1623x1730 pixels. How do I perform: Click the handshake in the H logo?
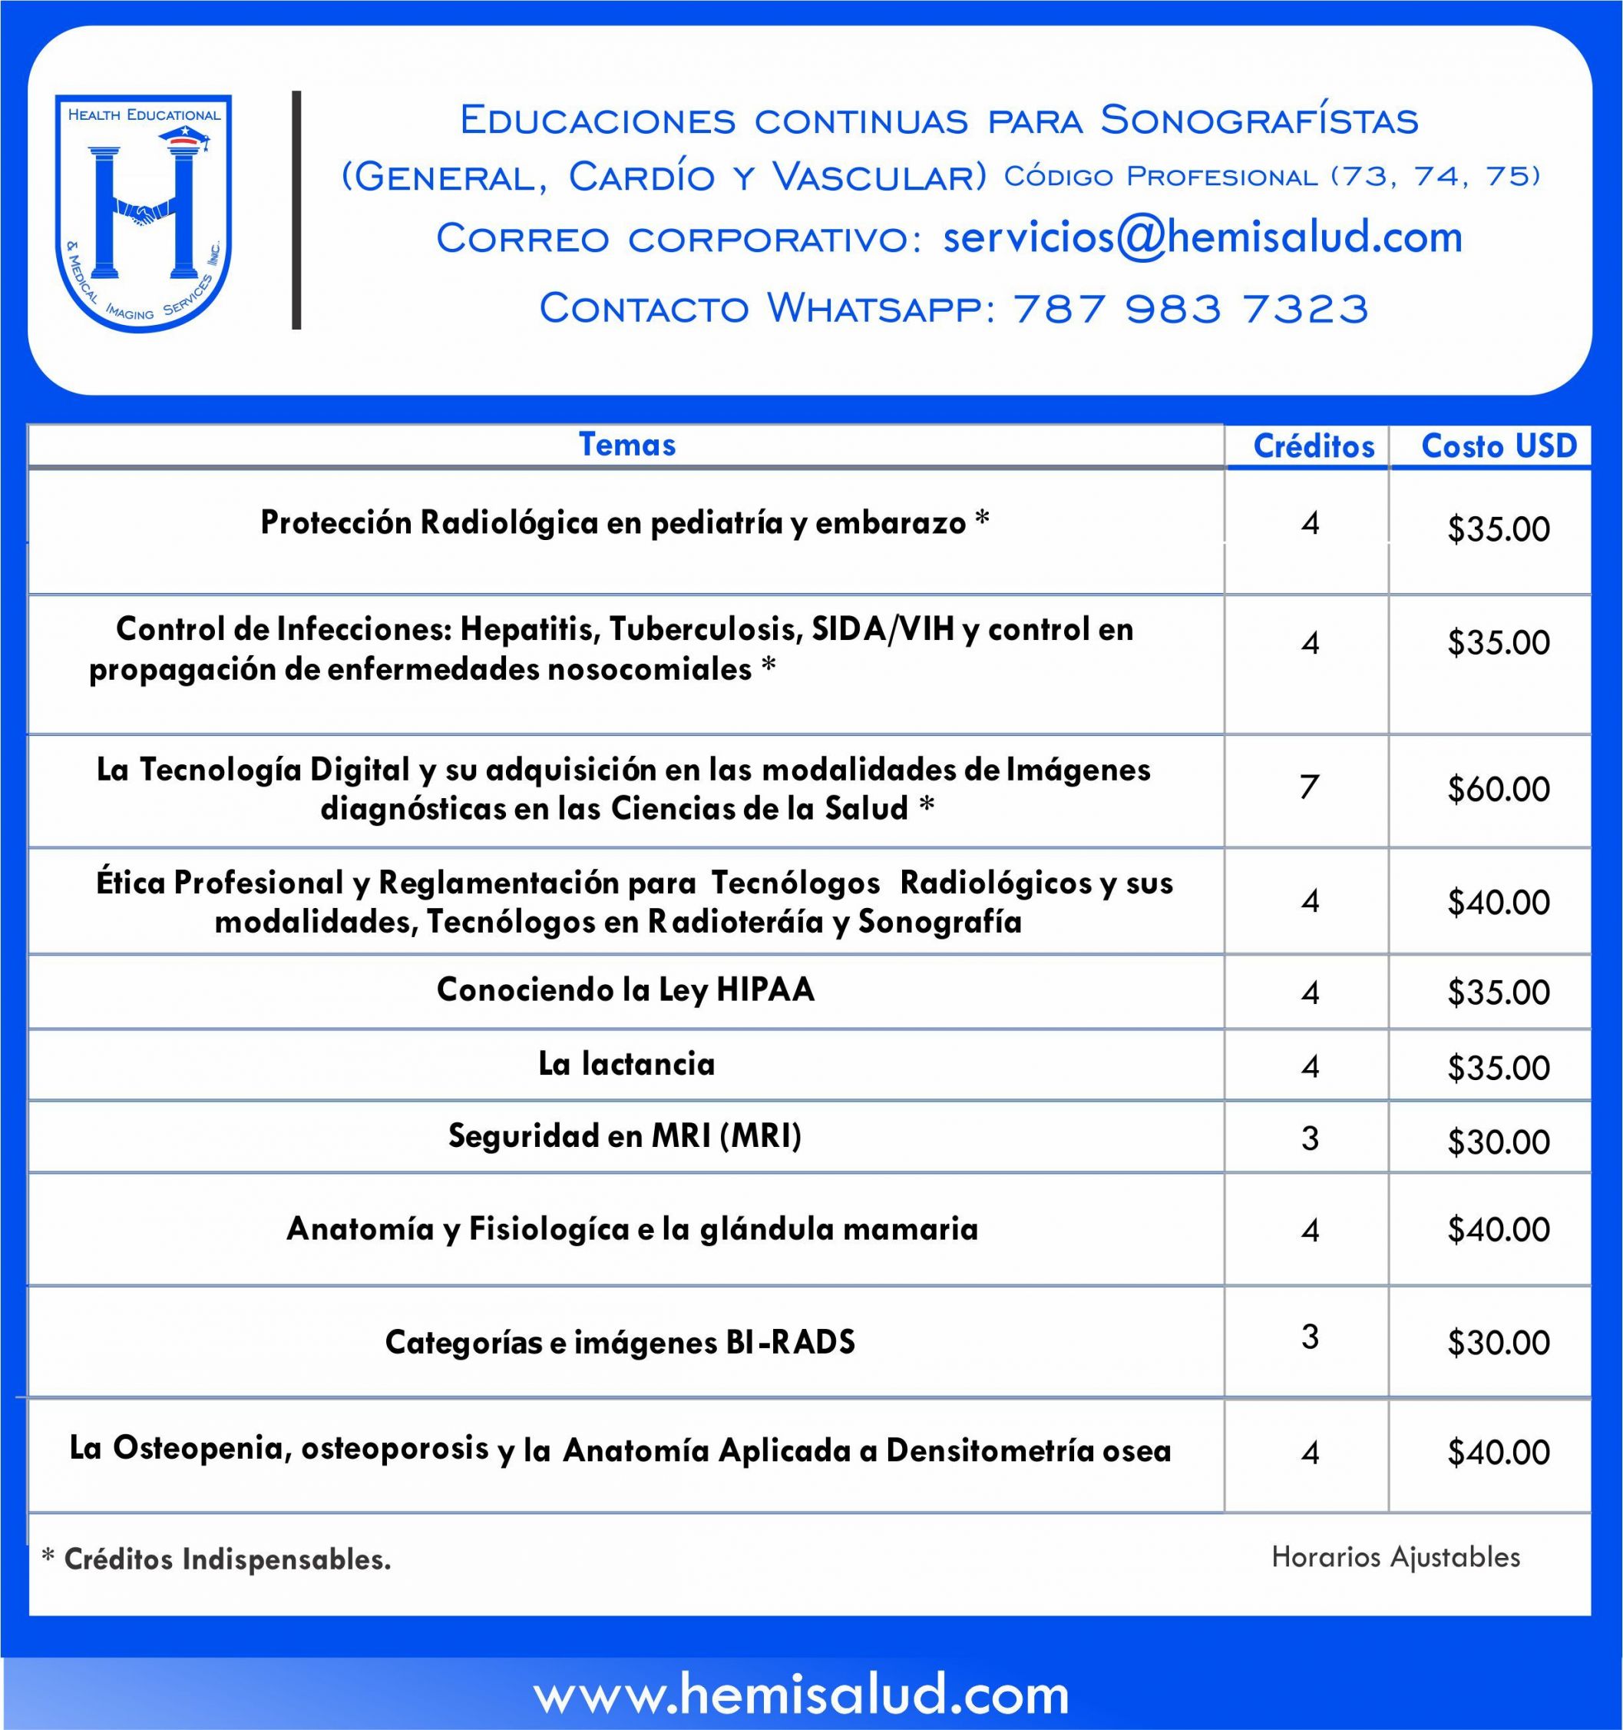point(144,210)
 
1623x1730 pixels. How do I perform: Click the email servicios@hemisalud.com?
point(1202,237)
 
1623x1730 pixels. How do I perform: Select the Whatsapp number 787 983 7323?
point(1191,308)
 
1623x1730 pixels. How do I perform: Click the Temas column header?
point(627,445)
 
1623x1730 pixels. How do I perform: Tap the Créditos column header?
point(1314,446)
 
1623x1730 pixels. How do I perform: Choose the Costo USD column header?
point(1498,446)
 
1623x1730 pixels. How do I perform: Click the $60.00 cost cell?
point(1498,789)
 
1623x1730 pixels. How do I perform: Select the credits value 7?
point(1310,787)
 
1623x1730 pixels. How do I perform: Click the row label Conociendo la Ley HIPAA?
point(626,989)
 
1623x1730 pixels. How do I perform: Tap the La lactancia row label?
point(626,1063)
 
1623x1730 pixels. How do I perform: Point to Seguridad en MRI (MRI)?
point(624,1135)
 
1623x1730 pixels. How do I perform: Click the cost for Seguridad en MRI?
point(1498,1142)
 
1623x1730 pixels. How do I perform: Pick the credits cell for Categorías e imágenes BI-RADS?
point(1310,1337)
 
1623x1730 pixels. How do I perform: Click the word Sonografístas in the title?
point(1258,120)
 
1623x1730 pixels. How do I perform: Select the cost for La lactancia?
point(1498,1068)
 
